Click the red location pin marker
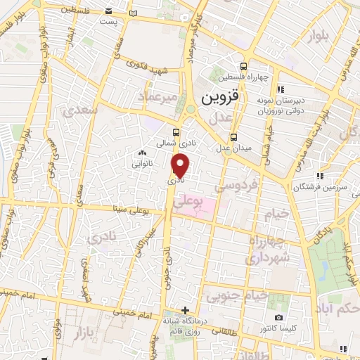(x=181, y=166)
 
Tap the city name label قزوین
(x=220, y=96)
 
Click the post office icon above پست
(x=108, y=12)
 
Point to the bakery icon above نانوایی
(x=143, y=153)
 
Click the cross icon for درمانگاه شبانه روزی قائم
(x=185, y=310)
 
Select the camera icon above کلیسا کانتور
(x=278, y=318)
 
